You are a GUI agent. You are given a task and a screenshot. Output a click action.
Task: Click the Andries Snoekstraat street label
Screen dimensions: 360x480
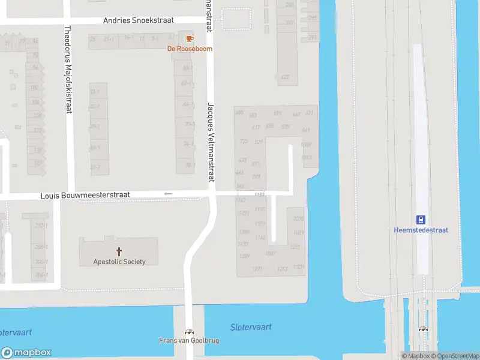click(x=138, y=20)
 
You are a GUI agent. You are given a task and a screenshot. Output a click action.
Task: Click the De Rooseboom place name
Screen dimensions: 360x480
click(x=190, y=49)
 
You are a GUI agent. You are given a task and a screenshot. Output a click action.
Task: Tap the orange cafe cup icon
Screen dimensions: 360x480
click(x=190, y=38)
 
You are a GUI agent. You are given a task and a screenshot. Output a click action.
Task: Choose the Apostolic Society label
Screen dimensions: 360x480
click(x=119, y=262)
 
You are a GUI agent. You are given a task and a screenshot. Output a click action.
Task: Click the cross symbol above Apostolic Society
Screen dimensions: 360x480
click(x=119, y=251)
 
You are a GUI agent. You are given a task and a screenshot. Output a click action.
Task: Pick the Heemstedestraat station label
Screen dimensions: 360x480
click(x=421, y=230)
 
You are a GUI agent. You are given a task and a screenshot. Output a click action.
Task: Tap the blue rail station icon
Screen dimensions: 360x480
click(x=421, y=220)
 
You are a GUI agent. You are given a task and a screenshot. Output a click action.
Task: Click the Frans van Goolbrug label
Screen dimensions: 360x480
click(x=189, y=340)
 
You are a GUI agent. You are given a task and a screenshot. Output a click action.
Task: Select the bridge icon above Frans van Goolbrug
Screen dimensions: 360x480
click(x=189, y=332)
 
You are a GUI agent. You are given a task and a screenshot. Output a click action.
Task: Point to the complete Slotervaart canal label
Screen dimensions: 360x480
click(x=251, y=327)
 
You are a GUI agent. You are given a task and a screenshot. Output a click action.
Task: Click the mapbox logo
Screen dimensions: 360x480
click(x=26, y=353)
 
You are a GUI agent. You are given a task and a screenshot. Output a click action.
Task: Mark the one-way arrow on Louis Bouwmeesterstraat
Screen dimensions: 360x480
click(x=168, y=194)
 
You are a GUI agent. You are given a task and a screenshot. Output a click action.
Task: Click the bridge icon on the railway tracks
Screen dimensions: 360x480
click(x=424, y=329)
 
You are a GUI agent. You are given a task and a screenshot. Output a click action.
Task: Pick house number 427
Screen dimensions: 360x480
click(x=285, y=77)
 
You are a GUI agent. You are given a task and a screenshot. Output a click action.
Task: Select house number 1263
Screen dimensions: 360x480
click(x=282, y=269)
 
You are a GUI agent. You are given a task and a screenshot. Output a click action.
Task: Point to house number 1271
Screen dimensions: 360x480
click(x=257, y=269)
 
